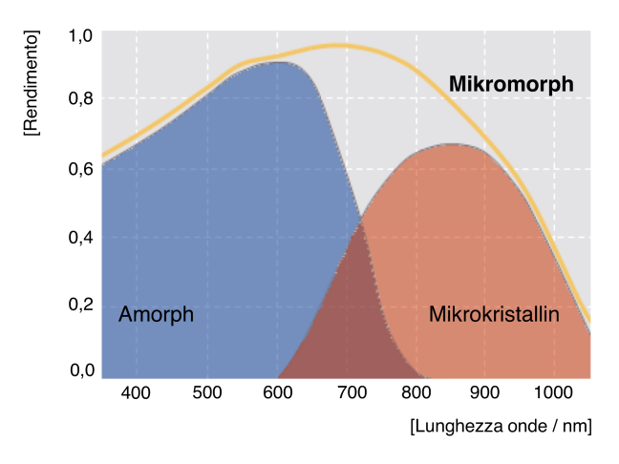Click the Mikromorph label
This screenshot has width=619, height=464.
[x=511, y=85]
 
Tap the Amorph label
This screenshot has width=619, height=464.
[x=156, y=314]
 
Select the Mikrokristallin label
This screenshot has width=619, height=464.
[x=494, y=314]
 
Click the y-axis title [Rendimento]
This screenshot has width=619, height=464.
[x=32, y=83]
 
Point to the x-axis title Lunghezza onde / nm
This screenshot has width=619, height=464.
[x=501, y=427]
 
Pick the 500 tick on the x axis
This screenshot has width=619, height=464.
[x=207, y=392]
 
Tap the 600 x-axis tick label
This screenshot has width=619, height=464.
[x=278, y=392]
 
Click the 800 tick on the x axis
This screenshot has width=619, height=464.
[x=415, y=392]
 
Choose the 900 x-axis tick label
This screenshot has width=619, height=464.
[x=485, y=392]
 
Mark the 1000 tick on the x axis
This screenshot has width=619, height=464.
[x=554, y=392]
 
